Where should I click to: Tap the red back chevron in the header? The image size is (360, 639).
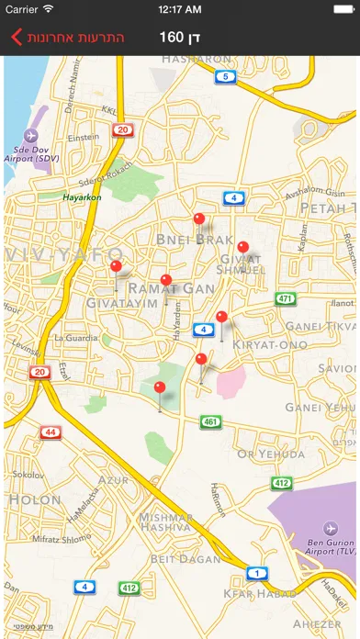click(x=15, y=38)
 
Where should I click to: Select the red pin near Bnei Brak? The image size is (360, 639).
click(x=199, y=219)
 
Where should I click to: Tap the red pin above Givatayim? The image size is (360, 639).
click(x=116, y=267)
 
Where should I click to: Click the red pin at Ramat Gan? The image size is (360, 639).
click(x=166, y=281)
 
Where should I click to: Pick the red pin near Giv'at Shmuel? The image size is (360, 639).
click(x=243, y=247)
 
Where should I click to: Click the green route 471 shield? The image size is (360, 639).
click(x=286, y=299)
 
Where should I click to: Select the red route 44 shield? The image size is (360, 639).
click(x=51, y=432)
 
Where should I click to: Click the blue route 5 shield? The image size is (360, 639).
click(x=225, y=76)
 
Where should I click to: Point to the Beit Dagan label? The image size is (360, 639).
click(x=187, y=558)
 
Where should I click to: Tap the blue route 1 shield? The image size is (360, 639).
click(x=258, y=573)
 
